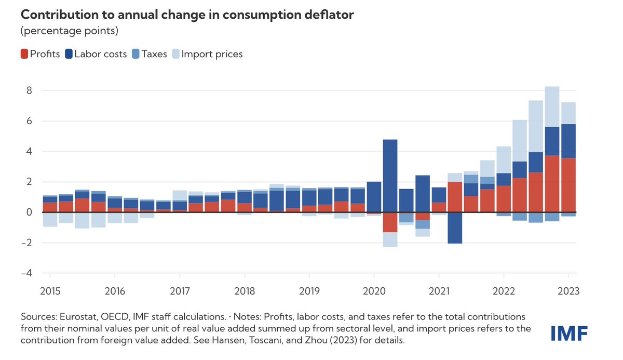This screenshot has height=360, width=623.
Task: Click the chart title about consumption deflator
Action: point(187,15)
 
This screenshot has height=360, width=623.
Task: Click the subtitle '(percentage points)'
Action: point(70,31)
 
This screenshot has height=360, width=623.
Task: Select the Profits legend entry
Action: point(40,54)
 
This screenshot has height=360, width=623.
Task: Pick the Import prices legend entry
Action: point(208,54)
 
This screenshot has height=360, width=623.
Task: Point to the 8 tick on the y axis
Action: point(29,90)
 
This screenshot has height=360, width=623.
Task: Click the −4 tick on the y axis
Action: point(26,273)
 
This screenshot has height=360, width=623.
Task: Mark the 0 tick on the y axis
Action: point(29,212)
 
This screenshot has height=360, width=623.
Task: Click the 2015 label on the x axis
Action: point(50,291)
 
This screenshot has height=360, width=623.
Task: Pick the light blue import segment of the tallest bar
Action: point(552,106)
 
